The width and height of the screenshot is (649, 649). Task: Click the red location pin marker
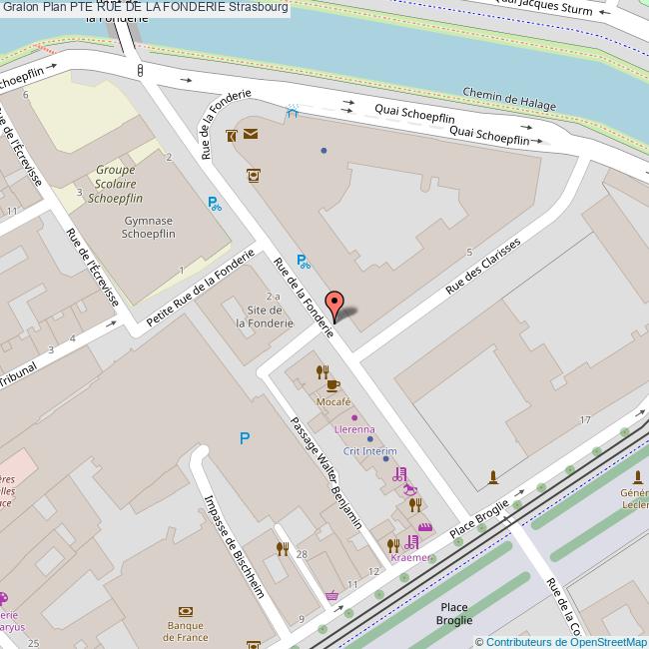(x=335, y=305)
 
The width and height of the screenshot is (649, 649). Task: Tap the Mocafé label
(x=333, y=400)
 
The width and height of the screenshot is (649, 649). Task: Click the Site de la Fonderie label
(x=264, y=317)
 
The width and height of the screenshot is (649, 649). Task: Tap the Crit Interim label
(x=370, y=451)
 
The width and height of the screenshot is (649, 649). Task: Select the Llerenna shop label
(x=354, y=428)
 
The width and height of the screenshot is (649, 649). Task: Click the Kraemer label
(x=410, y=557)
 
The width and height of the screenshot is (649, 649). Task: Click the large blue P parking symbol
(x=244, y=437)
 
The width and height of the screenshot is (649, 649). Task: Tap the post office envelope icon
(x=249, y=134)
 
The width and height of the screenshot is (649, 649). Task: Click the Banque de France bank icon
(x=186, y=611)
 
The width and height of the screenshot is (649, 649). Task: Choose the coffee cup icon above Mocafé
(x=333, y=384)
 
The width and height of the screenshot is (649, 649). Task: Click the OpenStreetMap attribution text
(x=562, y=641)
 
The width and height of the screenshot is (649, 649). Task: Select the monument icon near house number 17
(x=492, y=478)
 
